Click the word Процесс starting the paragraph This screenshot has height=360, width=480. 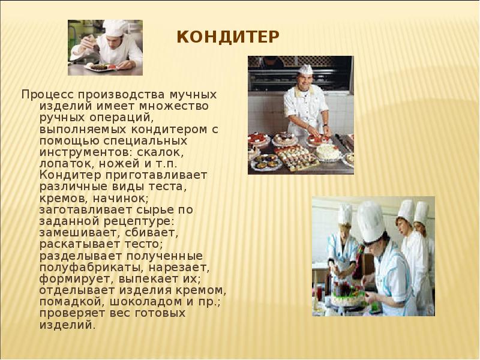pos(43,95)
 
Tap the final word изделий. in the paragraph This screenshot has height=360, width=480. pos(67,325)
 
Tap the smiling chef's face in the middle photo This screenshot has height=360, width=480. pos(306,79)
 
